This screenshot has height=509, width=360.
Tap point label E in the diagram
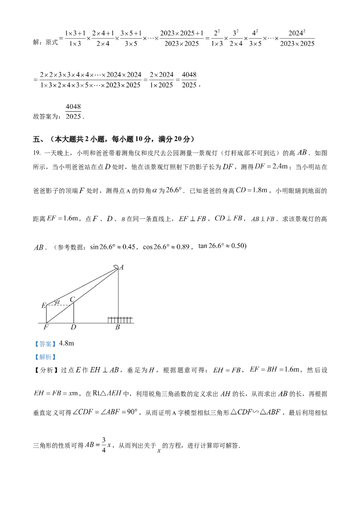point(43,306)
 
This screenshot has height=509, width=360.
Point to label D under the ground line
point(73,327)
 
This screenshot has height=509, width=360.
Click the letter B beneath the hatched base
point(118,327)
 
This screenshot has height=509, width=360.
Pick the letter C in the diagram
point(72,299)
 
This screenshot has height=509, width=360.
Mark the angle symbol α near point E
point(56,302)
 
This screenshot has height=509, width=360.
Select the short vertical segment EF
point(46,314)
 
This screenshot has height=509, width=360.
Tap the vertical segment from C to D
point(73,313)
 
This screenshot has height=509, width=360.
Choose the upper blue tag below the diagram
point(45,344)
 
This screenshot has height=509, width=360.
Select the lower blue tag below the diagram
point(45,358)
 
